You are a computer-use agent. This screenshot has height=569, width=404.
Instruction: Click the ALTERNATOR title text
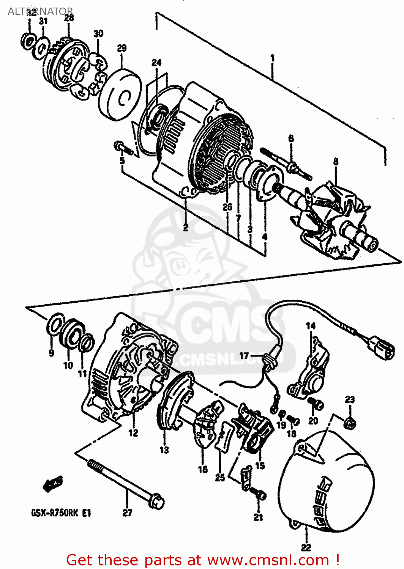tap(40, 11)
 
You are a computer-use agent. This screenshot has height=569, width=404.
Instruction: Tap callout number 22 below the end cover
tap(306, 547)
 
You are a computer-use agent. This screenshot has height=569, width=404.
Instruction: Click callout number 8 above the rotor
tap(336, 162)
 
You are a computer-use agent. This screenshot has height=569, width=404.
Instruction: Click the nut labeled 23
tap(350, 422)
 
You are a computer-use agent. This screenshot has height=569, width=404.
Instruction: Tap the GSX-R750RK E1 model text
tap(61, 513)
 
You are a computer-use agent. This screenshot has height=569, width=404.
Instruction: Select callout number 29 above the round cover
tap(122, 49)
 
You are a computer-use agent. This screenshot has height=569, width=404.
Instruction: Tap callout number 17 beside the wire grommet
tap(244, 355)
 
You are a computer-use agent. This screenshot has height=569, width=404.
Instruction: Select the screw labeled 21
tap(260, 495)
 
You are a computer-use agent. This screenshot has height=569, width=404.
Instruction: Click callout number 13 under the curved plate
tap(164, 450)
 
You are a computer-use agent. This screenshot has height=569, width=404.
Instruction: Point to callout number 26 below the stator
tap(227, 207)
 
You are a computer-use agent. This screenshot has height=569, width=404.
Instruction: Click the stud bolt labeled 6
tap(292, 166)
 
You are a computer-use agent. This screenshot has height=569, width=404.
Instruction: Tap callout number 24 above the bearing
tap(156, 63)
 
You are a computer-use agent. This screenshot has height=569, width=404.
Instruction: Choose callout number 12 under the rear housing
tap(133, 433)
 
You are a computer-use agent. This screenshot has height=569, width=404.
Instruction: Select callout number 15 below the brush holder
tap(260, 465)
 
